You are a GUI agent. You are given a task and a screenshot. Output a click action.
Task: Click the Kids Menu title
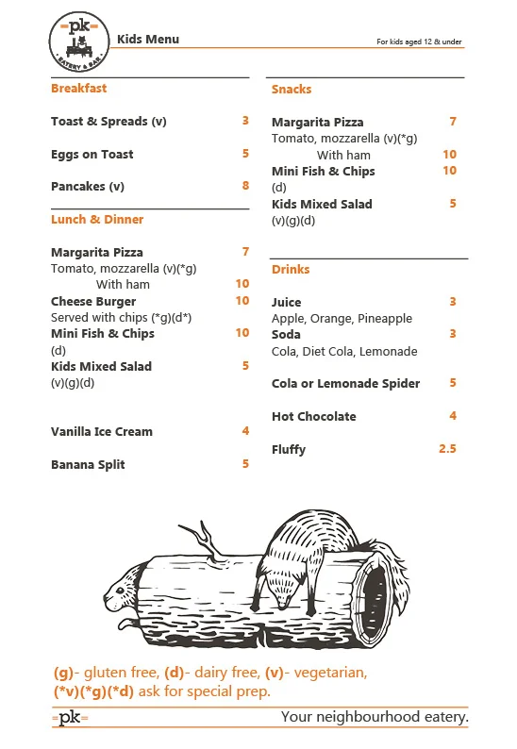pyautogui.click(x=148, y=39)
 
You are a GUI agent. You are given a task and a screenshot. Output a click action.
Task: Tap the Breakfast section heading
pyautogui.click(x=78, y=89)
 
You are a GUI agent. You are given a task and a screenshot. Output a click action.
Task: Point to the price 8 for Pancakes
pyautogui.click(x=245, y=186)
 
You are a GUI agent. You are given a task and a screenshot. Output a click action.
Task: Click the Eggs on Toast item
pyautogui.click(x=92, y=155)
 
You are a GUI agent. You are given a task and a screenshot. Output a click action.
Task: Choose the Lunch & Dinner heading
pyautogui.click(x=97, y=220)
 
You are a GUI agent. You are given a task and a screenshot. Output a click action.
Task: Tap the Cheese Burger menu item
pyautogui.click(x=93, y=302)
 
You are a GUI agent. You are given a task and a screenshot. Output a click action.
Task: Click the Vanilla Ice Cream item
pyautogui.click(x=102, y=432)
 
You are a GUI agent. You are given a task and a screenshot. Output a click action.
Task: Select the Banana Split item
pyautogui.click(x=88, y=465)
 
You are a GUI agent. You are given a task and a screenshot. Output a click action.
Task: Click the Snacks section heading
pyautogui.click(x=292, y=90)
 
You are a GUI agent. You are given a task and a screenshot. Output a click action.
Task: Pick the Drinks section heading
pyautogui.click(x=291, y=270)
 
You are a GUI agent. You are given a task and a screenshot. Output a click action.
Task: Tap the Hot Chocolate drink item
pyautogui.click(x=314, y=417)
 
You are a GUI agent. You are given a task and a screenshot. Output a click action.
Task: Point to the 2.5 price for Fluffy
pyautogui.click(x=447, y=449)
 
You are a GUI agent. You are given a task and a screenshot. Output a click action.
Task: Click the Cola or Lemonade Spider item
pyautogui.click(x=346, y=384)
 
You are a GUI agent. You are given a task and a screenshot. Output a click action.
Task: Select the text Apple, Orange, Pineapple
pyautogui.click(x=342, y=319)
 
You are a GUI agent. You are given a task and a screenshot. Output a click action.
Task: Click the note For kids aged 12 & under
pyautogui.click(x=419, y=42)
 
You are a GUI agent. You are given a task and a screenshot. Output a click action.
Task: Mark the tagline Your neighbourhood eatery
pyautogui.click(x=375, y=718)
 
